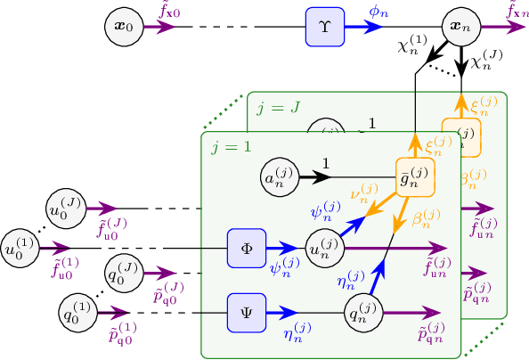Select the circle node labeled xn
coord(460,28)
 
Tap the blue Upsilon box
coord(323,28)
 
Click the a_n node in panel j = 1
coord(281,178)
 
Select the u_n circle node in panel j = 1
coord(325,248)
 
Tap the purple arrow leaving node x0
coord(163,28)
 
